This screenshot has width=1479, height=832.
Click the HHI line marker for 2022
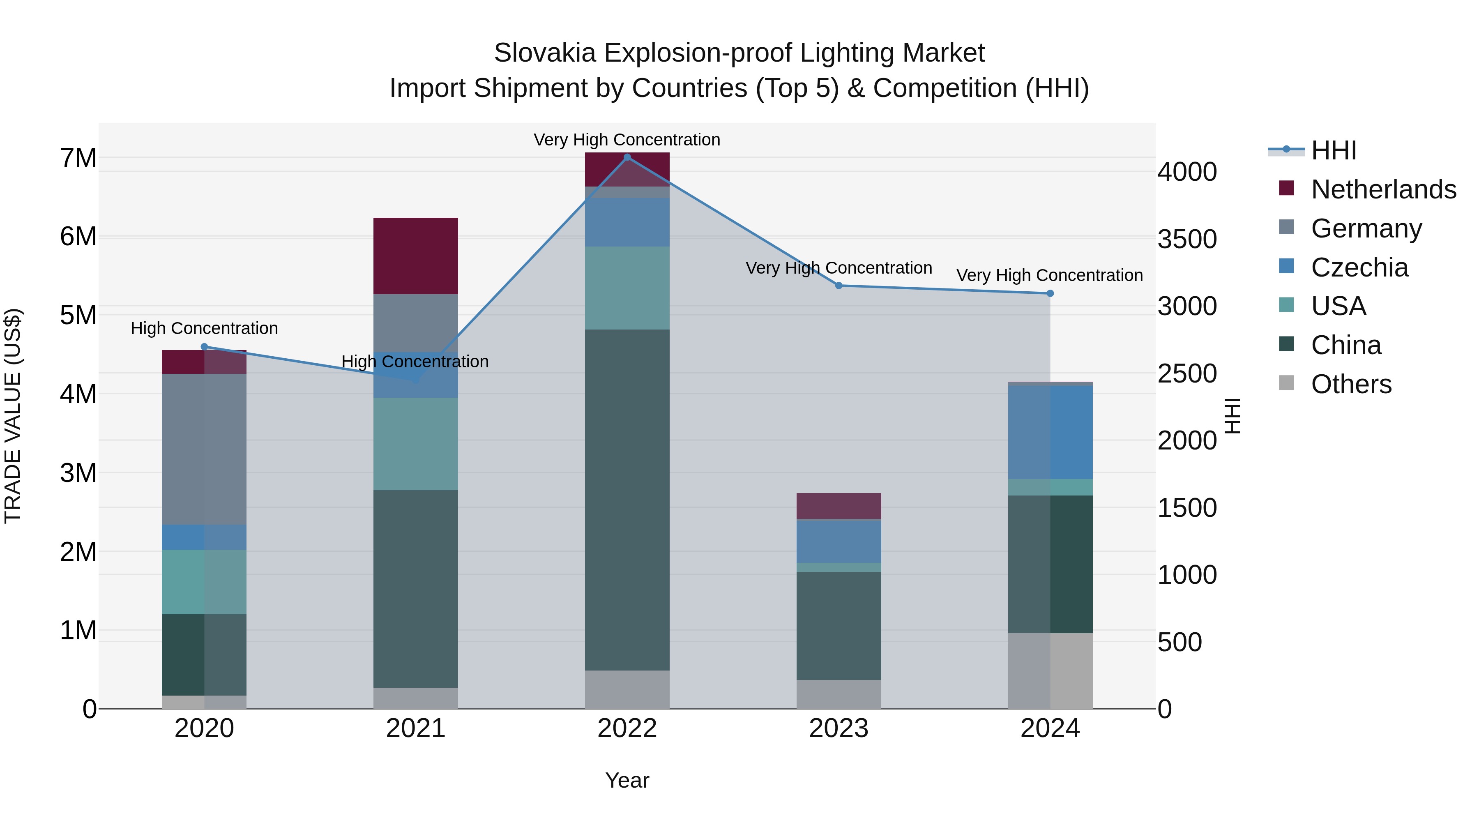pos(627,157)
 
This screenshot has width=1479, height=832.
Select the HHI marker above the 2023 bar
pos(838,286)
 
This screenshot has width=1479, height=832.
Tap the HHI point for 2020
pos(205,347)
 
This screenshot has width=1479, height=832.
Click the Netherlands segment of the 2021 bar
pos(416,256)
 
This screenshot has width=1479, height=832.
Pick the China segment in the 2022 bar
pos(627,500)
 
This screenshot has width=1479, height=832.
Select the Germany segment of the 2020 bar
pos(205,449)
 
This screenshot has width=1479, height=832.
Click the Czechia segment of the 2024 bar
pos(1050,432)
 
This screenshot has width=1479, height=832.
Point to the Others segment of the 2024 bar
pos(1050,671)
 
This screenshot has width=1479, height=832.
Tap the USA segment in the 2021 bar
pos(416,443)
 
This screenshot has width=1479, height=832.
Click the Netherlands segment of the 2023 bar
pos(838,506)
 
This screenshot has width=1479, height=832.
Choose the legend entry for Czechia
pos(1359,267)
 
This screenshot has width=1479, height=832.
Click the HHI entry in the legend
pos(1333,150)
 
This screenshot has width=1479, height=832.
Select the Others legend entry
pos(1351,384)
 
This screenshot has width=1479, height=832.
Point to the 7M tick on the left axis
pos(78,158)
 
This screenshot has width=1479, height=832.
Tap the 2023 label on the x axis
pos(838,728)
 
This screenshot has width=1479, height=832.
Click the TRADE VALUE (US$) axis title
pos(13,416)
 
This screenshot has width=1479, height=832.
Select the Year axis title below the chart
pos(627,780)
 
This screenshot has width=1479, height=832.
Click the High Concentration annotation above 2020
pos(205,328)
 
